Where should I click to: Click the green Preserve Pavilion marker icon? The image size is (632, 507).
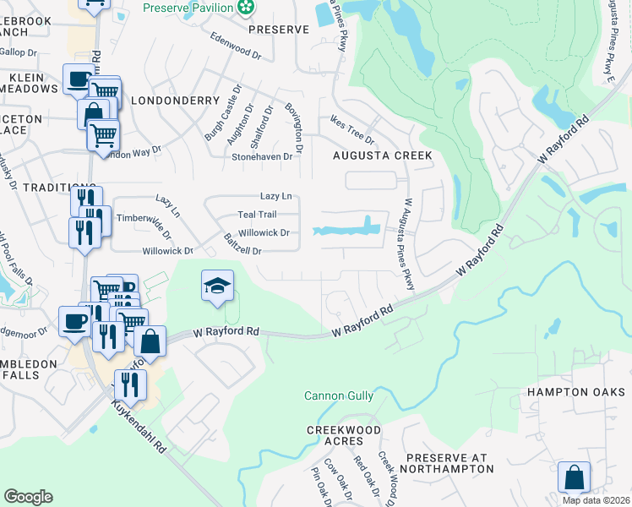[x=246, y=8]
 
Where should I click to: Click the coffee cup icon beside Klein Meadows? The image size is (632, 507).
[x=79, y=80]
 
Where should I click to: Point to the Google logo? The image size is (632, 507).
[x=28, y=497]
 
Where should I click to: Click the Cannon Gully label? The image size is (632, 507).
[x=339, y=395]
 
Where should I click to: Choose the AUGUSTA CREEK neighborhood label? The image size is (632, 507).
[x=382, y=155]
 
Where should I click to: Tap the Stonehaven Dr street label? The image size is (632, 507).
[x=262, y=156]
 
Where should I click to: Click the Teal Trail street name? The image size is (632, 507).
[x=257, y=215]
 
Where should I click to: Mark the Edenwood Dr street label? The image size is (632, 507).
[x=236, y=45]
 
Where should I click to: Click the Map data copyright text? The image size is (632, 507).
[x=596, y=500]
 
